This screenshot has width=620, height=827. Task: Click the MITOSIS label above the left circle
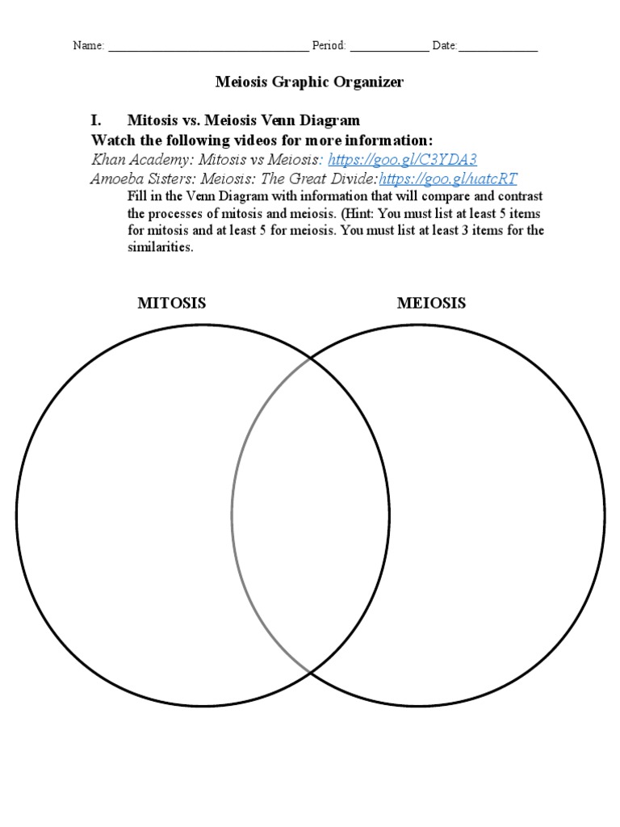(x=171, y=304)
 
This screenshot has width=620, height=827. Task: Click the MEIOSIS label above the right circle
(x=431, y=304)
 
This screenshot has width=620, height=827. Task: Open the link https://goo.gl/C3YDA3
(x=397, y=159)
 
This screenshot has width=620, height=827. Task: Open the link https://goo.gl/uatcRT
(x=448, y=178)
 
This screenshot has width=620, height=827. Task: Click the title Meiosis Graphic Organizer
(x=309, y=82)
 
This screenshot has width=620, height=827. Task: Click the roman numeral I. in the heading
(x=96, y=120)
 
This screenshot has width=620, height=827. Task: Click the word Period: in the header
(x=329, y=46)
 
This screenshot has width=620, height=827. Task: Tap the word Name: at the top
(x=89, y=46)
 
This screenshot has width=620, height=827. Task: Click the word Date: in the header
(x=445, y=46)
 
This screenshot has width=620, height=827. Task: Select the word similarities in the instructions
(x=160, y=248)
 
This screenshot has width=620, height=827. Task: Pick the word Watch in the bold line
(x=112, y=140)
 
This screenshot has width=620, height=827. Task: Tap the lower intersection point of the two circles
(x=310, y=672)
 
